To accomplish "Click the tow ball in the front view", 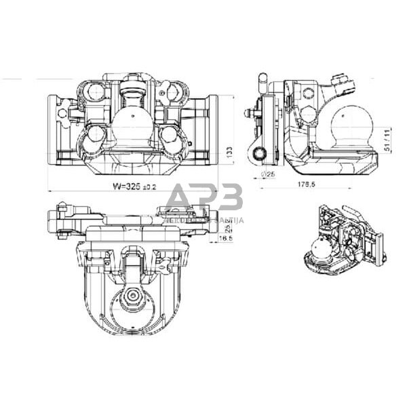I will [132, 126].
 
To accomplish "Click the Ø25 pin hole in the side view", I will [258, 154].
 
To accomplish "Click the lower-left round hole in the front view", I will [95, 138].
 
